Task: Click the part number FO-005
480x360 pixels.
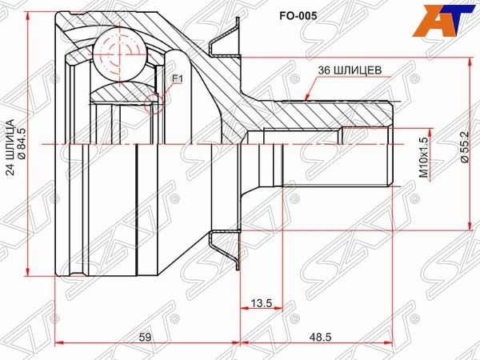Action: click(x=298, y=16)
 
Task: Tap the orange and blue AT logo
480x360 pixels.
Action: click(x=445, y=20)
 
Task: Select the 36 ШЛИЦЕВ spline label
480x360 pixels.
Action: click(x=350, y=70)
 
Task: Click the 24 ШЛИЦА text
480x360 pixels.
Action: click(x=10, y=147)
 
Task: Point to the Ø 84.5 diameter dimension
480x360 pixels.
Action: click(x=22, y=143)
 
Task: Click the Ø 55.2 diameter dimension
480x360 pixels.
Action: click(x=464, y=147)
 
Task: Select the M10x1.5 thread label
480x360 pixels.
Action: click(x=423, y=157)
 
